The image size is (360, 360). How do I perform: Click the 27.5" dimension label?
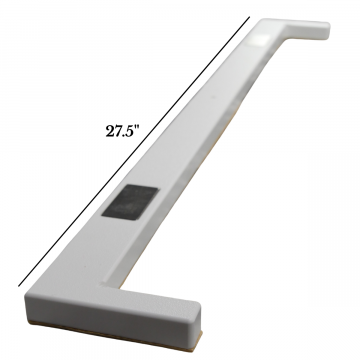tap(122, 131)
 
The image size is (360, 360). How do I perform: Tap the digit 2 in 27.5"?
tap(110, 131)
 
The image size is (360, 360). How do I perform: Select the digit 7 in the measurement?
tap(118, 131)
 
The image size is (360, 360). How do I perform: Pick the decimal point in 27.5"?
tap(123, 135)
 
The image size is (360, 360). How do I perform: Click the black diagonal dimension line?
tap(134, 151)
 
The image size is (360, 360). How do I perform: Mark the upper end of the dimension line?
tap(249, 17)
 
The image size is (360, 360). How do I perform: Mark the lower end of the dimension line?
tap(19, 286)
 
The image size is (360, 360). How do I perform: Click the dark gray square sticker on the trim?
tap(130, 203)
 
